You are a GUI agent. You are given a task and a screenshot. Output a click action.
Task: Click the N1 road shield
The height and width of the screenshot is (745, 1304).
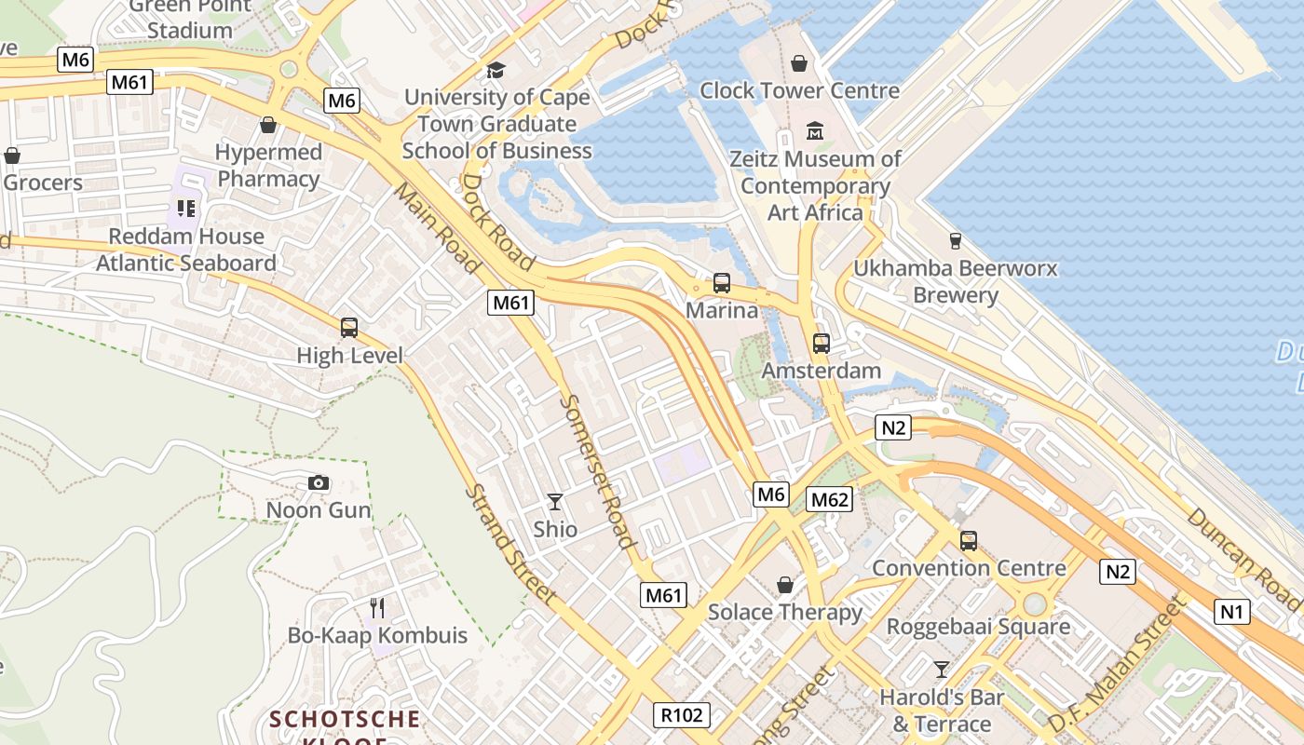pos(1232,612)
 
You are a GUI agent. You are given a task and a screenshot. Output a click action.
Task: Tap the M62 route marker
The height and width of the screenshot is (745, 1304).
pos(828,499)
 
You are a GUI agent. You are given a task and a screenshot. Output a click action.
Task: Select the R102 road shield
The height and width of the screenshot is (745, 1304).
pos(681,714)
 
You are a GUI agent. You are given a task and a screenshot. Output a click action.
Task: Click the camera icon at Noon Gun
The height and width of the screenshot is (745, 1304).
pos(319,482)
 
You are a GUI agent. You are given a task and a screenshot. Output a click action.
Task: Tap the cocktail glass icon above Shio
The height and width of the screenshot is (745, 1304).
pos(555,502)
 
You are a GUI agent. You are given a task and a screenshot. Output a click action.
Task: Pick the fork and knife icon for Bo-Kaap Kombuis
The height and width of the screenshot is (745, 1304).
pos(377,608)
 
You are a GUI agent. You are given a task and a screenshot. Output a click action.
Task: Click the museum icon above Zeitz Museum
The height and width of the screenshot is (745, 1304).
pos(815,130)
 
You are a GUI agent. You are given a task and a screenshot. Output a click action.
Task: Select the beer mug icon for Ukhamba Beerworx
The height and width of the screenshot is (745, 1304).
pos(955,241)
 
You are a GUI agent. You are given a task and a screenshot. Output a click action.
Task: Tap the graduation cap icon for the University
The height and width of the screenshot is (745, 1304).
pos(496,70)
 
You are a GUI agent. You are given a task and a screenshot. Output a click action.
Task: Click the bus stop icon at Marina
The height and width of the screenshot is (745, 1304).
pos(721,282)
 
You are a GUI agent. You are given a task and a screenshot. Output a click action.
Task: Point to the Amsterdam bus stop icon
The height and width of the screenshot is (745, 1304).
pos(821,343)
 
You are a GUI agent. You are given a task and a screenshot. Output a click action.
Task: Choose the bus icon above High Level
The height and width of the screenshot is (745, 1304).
pos(349,327)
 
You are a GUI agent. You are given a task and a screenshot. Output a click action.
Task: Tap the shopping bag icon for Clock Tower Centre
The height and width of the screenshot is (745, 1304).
pos(798,63)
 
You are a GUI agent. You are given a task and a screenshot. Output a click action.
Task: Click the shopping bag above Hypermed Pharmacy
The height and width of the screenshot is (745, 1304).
pos(268,125)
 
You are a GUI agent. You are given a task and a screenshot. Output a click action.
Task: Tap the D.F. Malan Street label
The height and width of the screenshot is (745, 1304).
pos(1119,664)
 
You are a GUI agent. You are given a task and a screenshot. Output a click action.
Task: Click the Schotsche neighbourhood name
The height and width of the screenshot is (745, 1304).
pos(345,719)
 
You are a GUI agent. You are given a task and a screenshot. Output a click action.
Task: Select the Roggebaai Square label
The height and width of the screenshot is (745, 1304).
pos(977,627)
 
